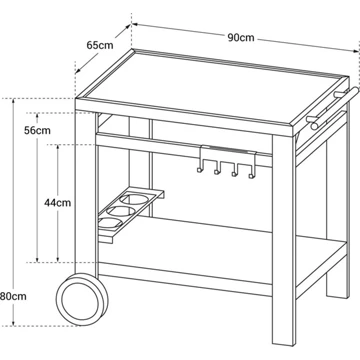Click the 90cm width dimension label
(241, 38)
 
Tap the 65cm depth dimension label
(100, 45)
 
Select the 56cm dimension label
(37, 130)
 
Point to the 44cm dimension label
(58, 202)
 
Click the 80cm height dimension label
(13, 296)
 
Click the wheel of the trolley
(82, 299)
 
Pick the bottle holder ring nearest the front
(109, 223)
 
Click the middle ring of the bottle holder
(122, 211)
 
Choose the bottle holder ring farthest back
(135, 199)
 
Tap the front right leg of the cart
(283, 240)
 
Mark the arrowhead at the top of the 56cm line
(37, 116)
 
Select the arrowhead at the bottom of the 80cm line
(13, 322)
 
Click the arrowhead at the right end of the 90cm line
(356, 51)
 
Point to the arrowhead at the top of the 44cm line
(58, 148)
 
